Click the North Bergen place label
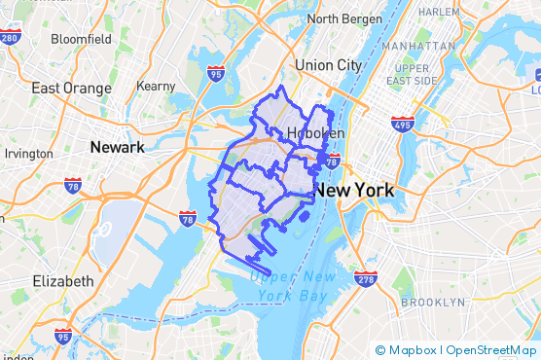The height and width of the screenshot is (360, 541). click(x=349, y=18)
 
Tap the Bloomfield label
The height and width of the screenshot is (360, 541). click(x=81, y=39)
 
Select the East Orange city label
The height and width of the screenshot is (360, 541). click(x=71, y=88)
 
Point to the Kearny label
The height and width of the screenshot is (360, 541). click(x=156, y=87)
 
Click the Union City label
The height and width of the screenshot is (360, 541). click(x=328, y=65)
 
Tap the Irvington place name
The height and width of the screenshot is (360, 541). click(x=29, y=154)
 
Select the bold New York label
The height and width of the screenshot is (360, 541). click(x=354, y=190)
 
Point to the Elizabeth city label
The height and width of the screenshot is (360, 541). click(x=63, y=281)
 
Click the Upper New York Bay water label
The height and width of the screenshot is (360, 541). click(x=294, y=285)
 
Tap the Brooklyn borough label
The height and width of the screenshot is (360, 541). click(x=433, y=303)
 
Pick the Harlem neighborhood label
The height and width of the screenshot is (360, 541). click(x=438, y=12)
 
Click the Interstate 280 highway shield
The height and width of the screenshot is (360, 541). click(x=11, y=38)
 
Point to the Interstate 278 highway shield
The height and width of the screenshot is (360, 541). click(x=366, y=279)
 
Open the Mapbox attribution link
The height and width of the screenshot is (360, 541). click(x=408, y=350)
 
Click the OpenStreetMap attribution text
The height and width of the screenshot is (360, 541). click(x=490, y=350)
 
